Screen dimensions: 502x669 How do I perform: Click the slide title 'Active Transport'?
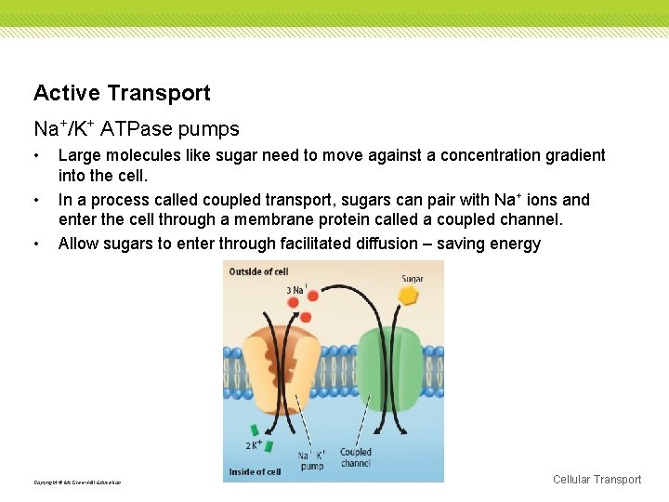122,93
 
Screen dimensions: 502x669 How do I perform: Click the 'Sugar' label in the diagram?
413,278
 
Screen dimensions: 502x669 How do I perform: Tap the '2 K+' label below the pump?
253,445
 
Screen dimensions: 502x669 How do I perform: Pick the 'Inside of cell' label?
256,472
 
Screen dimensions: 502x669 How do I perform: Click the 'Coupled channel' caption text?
356,457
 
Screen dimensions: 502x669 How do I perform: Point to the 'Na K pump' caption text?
311,460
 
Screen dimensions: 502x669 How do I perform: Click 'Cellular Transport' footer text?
597,480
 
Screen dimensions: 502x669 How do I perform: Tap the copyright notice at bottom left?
77,482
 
